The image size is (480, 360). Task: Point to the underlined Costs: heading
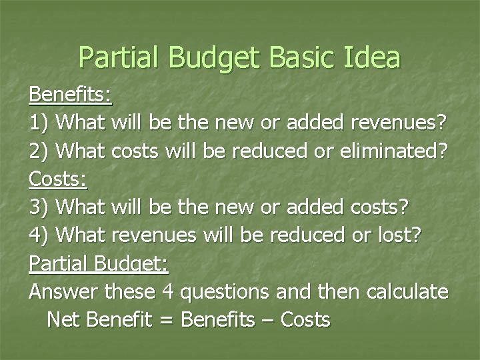coord(58,179)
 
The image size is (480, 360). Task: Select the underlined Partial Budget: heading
coord(99,263)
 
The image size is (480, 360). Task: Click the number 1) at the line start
coord(40,123)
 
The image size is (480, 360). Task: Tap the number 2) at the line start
coord(40,151)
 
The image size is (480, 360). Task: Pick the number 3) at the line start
coord(40,207)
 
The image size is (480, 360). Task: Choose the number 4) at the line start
coord(40,235)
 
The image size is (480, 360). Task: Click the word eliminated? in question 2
coord(389,151)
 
